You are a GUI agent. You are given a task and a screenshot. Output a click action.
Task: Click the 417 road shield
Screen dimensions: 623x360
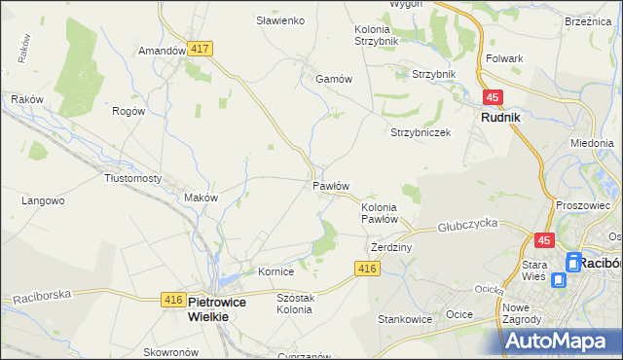point(202,48)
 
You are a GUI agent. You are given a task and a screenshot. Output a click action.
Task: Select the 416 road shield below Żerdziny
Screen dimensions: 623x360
point(366,269)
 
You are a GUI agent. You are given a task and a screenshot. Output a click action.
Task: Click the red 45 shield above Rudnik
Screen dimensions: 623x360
point(493,97)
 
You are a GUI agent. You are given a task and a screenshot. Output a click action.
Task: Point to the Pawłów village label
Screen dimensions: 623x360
point(331,185)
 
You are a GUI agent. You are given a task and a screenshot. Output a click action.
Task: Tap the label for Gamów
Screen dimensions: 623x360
point(332,80)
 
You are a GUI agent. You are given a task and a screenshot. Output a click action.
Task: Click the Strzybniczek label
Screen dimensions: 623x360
point(421,132)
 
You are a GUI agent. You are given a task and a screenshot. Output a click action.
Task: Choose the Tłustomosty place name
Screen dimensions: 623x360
point(132,178)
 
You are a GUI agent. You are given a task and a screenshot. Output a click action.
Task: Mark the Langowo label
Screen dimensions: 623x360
point(43,200)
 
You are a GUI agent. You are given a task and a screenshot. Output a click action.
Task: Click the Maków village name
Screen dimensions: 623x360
point(201,198)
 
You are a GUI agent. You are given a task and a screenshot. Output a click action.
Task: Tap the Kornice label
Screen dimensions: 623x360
point(275,271)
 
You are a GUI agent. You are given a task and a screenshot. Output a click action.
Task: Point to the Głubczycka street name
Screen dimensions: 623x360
point(467,223)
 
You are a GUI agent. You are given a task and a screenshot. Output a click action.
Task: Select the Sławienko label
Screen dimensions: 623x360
point(281,19)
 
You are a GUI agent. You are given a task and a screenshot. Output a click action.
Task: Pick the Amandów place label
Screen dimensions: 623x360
point(162,51)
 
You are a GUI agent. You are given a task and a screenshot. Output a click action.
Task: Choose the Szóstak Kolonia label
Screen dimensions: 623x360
point(281,303)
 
